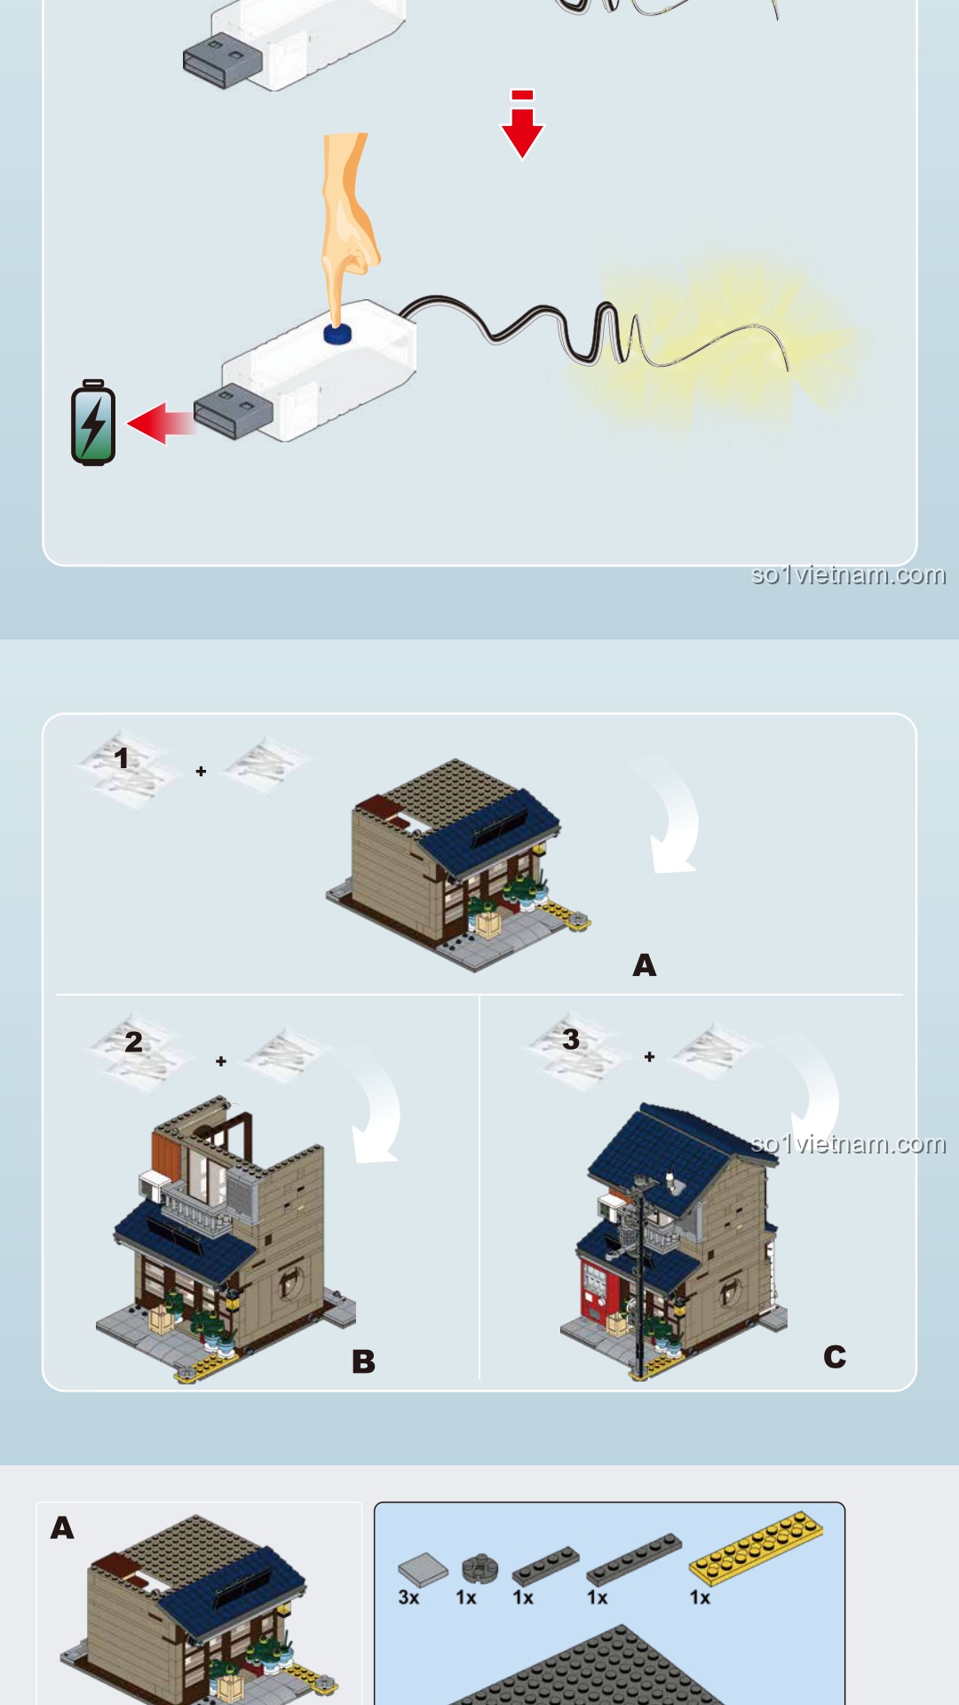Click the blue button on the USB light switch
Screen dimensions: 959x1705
point(337,333)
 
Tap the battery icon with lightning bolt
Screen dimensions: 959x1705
point(93,423)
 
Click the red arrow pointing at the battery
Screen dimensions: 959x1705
point(162,423)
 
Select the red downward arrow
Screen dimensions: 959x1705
point(522,124)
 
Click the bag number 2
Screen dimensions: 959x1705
point(133,1042)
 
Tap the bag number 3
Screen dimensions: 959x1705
point(571,1039)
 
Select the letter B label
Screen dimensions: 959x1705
point(363,1361)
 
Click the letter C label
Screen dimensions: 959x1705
point(835,1357)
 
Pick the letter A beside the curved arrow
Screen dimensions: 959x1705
point(645,965)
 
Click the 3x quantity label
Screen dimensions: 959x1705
point(408,1598)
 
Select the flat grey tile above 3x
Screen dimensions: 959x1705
point(424,1569)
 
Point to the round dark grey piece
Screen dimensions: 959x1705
point(479,1568)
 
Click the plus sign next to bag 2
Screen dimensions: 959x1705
point(221,1061)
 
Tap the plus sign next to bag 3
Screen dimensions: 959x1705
point(650,1057)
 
